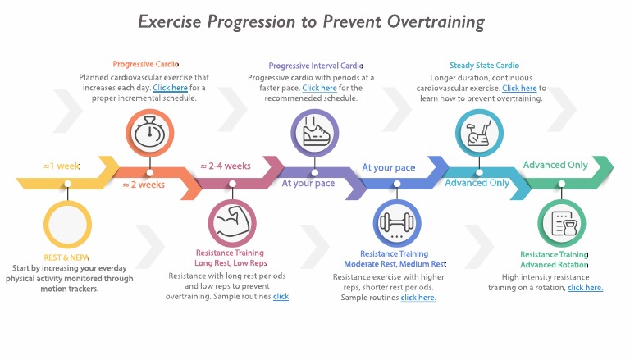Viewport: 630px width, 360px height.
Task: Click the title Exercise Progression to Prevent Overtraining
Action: pos(311,21)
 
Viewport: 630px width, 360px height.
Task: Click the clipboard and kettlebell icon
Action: pos(561,224)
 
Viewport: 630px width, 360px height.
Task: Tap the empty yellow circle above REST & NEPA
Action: pos(67,222)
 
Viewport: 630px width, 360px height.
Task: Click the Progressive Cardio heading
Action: pos(145,64)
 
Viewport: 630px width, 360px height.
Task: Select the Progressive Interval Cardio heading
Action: pos(315,66)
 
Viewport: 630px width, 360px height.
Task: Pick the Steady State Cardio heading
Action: pos(484,66)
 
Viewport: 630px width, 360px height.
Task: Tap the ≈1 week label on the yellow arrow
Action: pos(61,166)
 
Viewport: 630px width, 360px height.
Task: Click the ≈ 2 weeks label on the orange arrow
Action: pos(144,185)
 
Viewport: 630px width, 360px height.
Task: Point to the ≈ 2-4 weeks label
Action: pos(226,166)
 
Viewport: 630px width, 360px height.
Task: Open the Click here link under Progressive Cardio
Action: pos(169,87)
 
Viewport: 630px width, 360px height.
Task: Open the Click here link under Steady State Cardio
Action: pos(519,88)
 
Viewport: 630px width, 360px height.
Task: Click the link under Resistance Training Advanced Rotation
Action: pos(585,288)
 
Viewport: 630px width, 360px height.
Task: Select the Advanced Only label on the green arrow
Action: pos(555,165)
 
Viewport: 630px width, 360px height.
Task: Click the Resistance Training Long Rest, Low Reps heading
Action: pos(232,258)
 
